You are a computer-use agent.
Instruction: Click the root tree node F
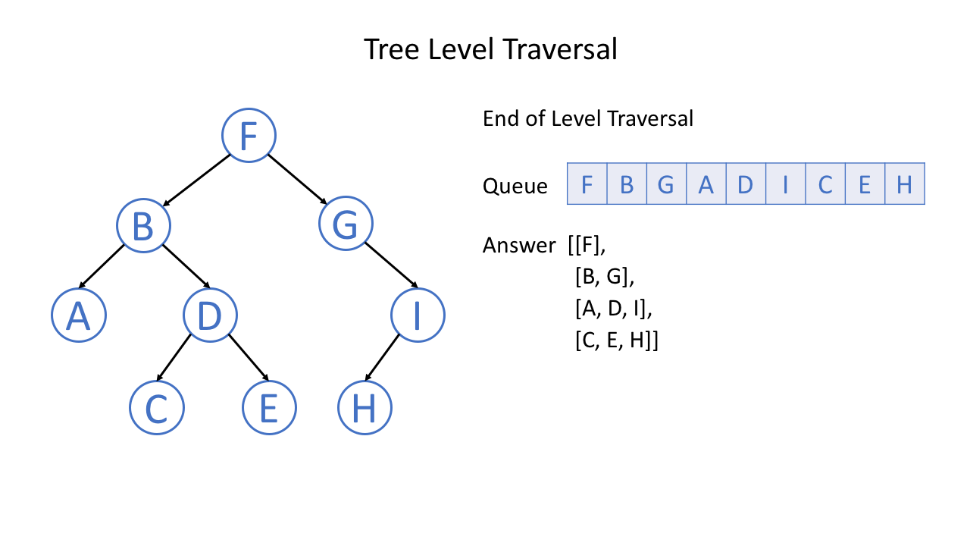click(x=249, y=136)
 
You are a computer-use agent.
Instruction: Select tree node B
click(x=143, y=226)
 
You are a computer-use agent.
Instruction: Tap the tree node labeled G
click(x=346, y=226)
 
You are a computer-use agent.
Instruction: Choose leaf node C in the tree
click(x=156, y=408)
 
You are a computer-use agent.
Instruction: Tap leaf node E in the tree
click(x=269, y=408)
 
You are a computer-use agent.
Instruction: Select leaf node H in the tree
click(x=365, y=408)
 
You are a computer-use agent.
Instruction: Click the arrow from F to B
click(x=196, y=180)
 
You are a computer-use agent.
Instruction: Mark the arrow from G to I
click(x=391, y=266)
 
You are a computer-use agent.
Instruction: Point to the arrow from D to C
click(x=174, y=356)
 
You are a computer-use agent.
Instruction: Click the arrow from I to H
click(x=382, y=357)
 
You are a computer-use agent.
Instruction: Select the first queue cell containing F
click(x=587, y=184)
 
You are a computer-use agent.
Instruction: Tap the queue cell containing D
click(x=745, y=184)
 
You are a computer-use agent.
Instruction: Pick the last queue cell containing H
click(x=904, y=184)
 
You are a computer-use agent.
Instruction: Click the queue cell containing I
click(x=785, y=184)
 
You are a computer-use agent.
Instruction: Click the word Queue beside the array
click(x=515, y=186)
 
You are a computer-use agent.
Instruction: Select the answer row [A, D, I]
click(x=613, y=309)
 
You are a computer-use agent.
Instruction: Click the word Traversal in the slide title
click(x=559, y=49)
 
